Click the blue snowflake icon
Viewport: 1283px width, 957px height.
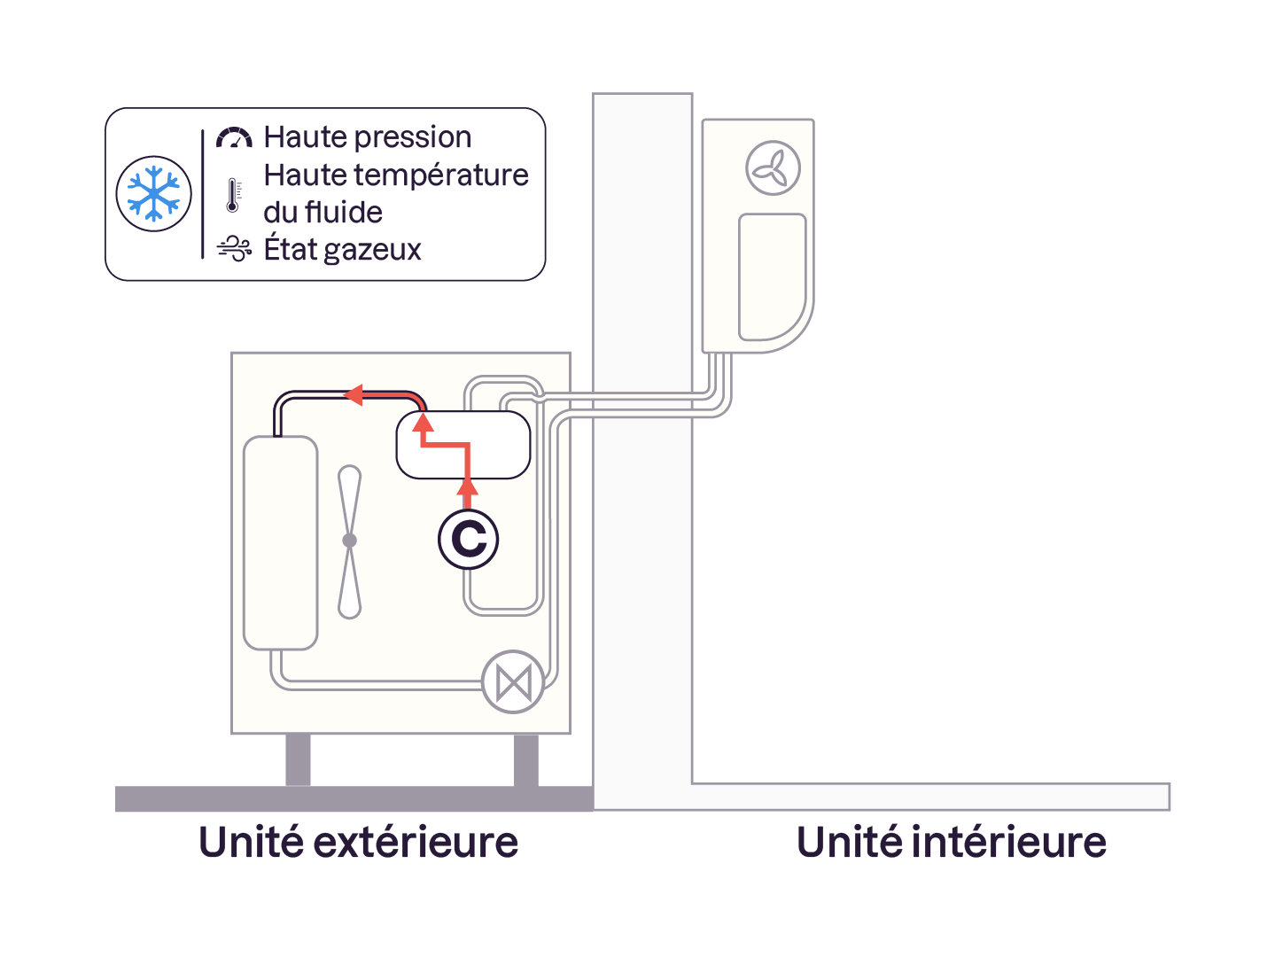(x=154, y=194)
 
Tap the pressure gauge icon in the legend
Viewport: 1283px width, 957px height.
(x=234, y=137)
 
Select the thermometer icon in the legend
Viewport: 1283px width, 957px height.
(x=232, y=195)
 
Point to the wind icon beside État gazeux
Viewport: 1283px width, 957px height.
(x=234, y=250)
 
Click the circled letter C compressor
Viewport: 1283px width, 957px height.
(x=469, y=539)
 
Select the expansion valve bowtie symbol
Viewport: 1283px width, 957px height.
(x=513, y=682)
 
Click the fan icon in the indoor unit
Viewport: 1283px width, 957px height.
(x=773, y=168)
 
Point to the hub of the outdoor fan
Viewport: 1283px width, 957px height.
(x=350, y=540)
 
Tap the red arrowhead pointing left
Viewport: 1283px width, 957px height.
(x=354, y=394)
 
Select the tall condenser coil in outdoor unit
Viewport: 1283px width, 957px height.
(x=280, y=542)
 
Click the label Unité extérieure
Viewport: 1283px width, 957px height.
(x=358, y=842)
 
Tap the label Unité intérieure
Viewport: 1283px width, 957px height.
(x=951, y=842)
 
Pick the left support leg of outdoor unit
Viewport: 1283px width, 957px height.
(x=298, y=759)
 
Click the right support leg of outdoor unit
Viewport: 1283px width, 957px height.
(x=526, y=759)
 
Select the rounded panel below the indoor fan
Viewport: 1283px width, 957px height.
(x=772, y=276)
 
